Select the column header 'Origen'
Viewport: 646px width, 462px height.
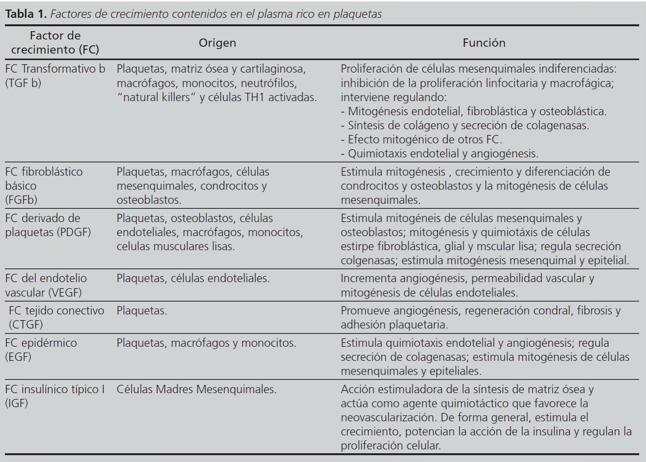(x=217, y=43)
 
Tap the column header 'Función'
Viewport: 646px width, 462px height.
(x=484, y=43)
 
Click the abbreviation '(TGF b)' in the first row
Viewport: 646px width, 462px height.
(x=23, y=83)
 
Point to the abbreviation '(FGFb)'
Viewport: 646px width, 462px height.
(x=21, y=200)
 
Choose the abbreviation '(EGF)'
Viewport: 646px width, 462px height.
(x=18, y=357)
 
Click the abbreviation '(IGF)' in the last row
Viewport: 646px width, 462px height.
(x=16, y=403)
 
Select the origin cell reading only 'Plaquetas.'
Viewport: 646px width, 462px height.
(x=142, y=311)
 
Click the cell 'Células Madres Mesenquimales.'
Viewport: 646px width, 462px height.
(x=196, y=389)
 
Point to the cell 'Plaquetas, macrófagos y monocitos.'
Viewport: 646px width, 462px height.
(x=206, y=343)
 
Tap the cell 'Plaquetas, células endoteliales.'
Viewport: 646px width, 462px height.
(x=193, y=278)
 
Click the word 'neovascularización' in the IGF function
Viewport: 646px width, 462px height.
(x=389, y=418)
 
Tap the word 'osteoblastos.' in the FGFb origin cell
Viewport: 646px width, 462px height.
(x=149, y=200)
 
